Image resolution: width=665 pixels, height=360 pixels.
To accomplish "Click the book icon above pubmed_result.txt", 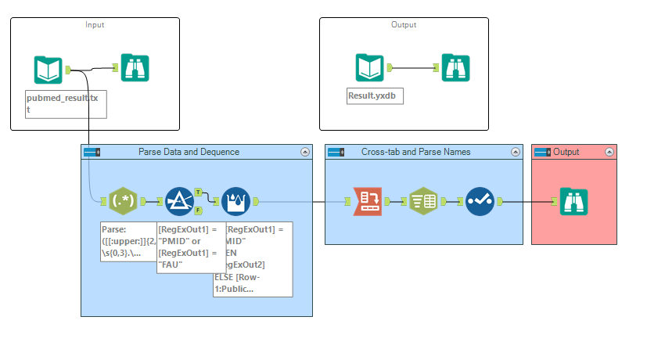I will (x=48, y=70).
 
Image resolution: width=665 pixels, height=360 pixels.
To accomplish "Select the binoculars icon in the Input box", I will (x=135, y=68).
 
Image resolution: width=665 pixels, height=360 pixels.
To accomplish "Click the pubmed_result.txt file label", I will (x=66, y=104).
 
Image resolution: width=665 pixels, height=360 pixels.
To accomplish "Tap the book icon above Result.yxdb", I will (x=369, y=68).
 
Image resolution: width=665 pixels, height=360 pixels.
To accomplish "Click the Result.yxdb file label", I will (x=375, y=96).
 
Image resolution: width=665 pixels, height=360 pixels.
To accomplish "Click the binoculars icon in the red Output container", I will (x=574, y=202).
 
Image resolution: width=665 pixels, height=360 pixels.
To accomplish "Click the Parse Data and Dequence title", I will (x=189, y=152).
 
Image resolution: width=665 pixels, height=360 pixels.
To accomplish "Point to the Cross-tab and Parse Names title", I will (x=415, y=152).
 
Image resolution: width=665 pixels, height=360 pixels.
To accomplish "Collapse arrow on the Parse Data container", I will (x=304, y=152).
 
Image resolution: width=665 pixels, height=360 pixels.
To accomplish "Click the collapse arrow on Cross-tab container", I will (x=515, y=152).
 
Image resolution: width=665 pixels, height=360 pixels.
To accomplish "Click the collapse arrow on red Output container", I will (x=609, y=152).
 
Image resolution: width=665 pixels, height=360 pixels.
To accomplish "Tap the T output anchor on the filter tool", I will (x=198, y=192).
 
